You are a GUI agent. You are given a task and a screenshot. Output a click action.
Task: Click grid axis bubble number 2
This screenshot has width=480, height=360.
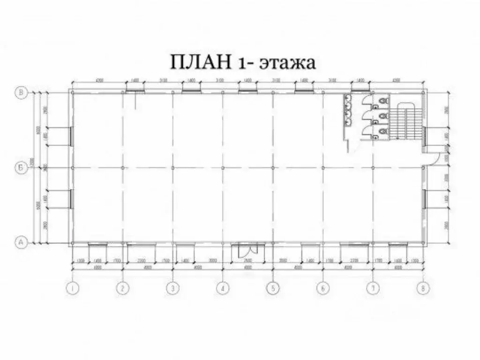click(123, 289)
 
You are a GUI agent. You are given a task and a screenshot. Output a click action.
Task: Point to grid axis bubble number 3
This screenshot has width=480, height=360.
click(173, 289)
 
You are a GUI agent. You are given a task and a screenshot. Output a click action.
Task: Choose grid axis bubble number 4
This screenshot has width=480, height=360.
click(223, 289)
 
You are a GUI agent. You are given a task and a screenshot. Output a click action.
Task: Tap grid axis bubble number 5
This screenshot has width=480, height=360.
click(273, 289)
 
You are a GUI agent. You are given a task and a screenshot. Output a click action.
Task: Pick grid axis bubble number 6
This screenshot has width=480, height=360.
click(322, 289)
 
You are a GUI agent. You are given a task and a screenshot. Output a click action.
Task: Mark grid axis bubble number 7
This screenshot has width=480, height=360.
click(373, 289)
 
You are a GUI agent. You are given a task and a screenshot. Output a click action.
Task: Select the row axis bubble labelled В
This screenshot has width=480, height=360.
click(21, 92)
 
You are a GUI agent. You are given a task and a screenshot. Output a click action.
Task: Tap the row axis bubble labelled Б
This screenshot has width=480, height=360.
click(21, 167)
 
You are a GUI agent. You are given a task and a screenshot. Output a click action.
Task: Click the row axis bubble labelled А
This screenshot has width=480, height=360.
click(21, 242)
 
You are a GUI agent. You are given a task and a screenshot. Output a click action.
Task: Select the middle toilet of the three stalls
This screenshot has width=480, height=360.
click(384, 115)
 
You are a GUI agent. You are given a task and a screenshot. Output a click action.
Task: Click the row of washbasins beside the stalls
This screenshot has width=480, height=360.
click(347, 110)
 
